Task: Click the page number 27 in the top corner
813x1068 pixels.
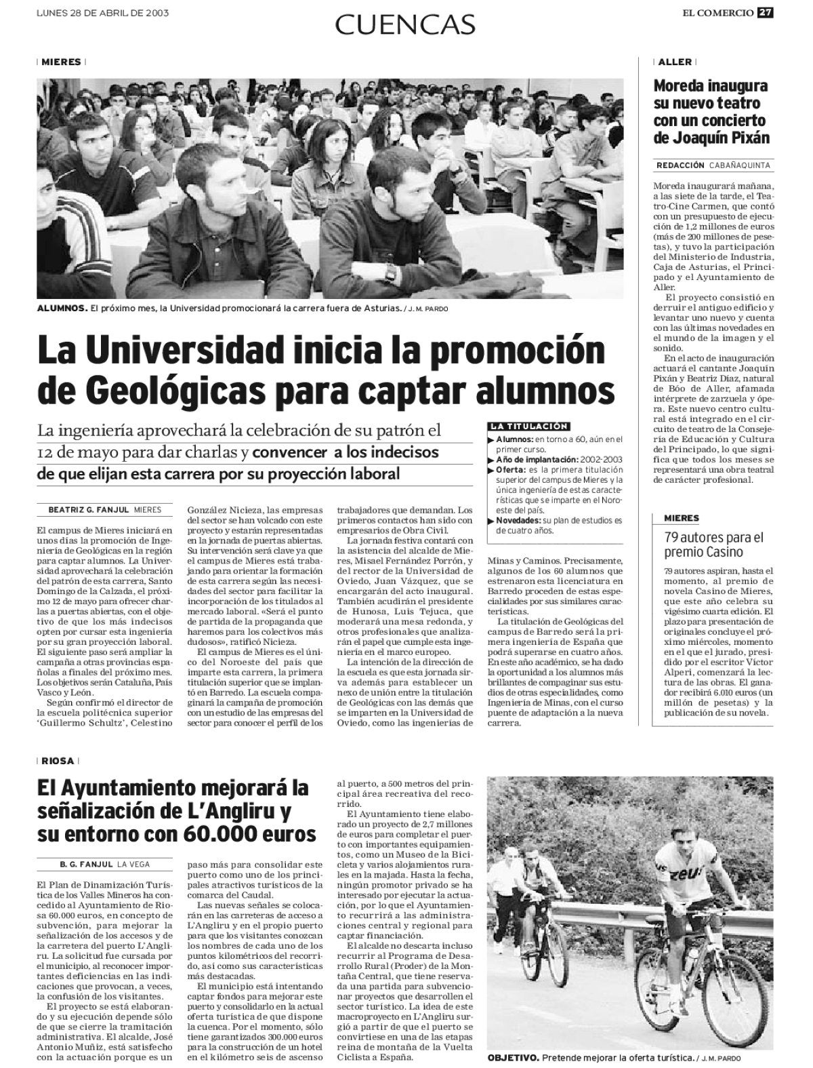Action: (x=764, y=12)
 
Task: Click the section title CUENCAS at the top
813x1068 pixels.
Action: (x=405, y=24)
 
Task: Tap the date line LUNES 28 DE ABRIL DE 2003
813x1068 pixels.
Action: (x=102, y=12)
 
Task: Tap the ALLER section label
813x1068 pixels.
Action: (x=675, y=62)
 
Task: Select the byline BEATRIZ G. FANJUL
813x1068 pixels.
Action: (x=88, y=509)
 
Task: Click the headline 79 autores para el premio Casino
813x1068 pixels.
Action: (x=713, y=545)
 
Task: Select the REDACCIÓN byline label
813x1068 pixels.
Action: (x=680, y=165)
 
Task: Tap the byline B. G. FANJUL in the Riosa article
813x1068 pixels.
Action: (x=85, y=864)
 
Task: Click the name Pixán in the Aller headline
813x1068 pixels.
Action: (x=746, y=138)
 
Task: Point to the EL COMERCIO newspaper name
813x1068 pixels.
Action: (x=719, y=12)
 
